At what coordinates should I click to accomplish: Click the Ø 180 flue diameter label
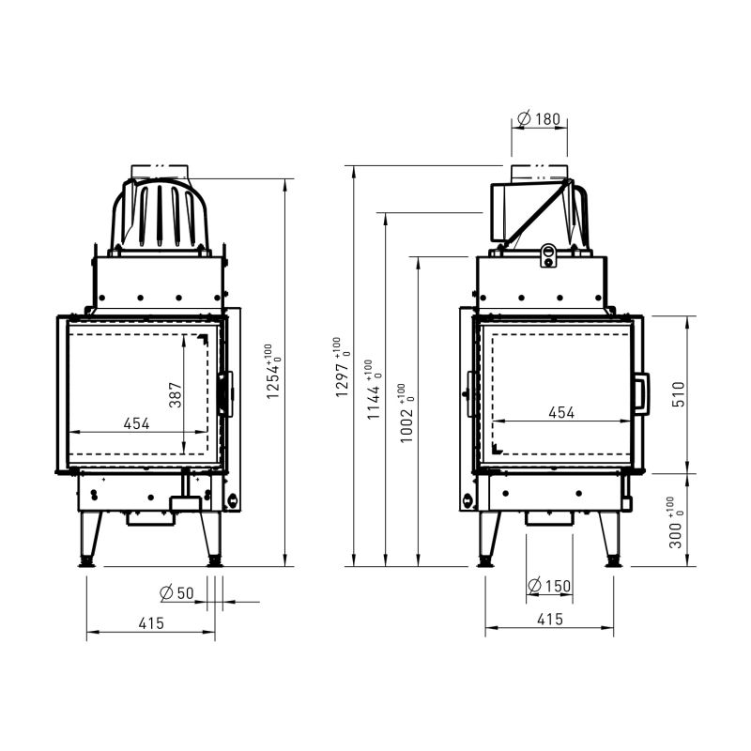coord(539,118)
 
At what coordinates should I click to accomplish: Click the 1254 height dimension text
coord(274,372)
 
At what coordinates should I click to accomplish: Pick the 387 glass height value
coord(176,394)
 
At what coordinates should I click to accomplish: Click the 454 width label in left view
coord(136,423)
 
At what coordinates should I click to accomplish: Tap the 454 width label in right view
coord(561,412)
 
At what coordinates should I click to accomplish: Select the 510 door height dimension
coord(679,394)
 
